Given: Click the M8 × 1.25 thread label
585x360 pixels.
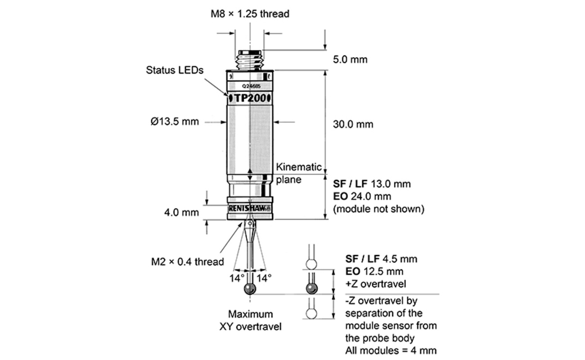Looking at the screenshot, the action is point(250,14).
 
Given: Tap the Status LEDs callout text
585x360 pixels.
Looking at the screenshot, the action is point(175,70).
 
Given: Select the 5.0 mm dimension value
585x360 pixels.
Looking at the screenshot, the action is point(350,59).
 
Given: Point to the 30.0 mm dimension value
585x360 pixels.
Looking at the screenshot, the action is point(353,124).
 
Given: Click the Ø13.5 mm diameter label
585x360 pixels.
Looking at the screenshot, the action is point(175,121).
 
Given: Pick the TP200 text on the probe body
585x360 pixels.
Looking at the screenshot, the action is point(250,98).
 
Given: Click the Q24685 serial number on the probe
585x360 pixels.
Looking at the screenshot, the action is point(251,86).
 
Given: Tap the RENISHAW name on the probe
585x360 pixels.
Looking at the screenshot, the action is point(249,208).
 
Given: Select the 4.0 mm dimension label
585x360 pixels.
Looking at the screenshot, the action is point(181,212).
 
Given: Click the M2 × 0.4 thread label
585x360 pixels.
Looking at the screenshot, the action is point(188,261).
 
